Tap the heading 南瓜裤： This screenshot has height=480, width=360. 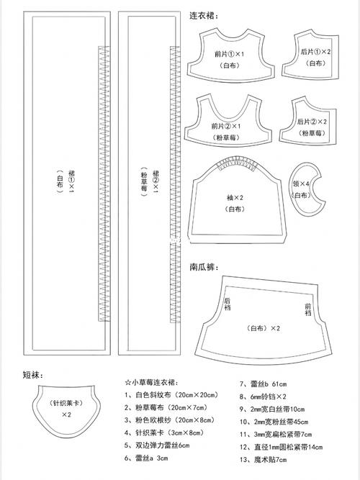pyautogui.click(x=204, y=266)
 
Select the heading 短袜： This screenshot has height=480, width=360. pyautogui.click(x=34, y=374)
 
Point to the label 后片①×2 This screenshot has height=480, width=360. pyautogui.click(x=315, y=52)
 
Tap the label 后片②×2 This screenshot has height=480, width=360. pyautogui.click(x=312, y=122)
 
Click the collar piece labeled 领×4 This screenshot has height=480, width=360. pyautogui.click(x=302, y=184)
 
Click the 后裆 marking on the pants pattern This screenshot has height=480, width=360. pyautogui.click(x=227, y=305)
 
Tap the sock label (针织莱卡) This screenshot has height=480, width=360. pyautogui.click(x=66, y=404)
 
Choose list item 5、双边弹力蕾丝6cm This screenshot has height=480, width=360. pyautogui.click(x=157, y=445)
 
